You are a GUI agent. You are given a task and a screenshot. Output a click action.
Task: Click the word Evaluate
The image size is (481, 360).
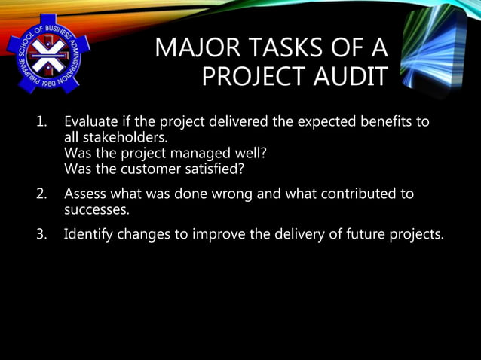point(93,123)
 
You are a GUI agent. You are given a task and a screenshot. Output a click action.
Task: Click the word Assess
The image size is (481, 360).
point(87,194)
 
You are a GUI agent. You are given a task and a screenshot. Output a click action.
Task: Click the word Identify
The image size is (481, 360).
point(91,233)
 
